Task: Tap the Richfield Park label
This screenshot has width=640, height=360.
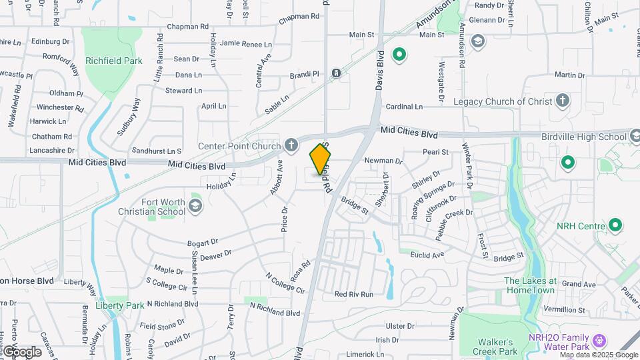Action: pos(114,61)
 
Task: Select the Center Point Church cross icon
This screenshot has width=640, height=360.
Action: pos(291,145)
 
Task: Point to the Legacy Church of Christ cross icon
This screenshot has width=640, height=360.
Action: pos(563,101)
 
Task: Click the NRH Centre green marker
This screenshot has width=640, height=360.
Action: pos(615,226)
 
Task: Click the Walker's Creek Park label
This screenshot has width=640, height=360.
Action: pos(495,347)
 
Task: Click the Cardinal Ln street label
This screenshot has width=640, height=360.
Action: pos(404,107)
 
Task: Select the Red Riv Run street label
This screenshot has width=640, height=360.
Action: pos(353,294)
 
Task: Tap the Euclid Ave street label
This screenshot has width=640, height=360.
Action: pos(427,255)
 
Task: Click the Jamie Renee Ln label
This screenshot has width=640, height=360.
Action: pos(246,44)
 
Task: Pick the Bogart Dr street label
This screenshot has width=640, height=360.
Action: pos(203,242)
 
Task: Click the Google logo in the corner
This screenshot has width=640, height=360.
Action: pos(22,351)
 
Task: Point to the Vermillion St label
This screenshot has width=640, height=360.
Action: pos(564,310)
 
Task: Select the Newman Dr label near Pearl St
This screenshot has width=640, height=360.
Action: pos(383,161)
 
